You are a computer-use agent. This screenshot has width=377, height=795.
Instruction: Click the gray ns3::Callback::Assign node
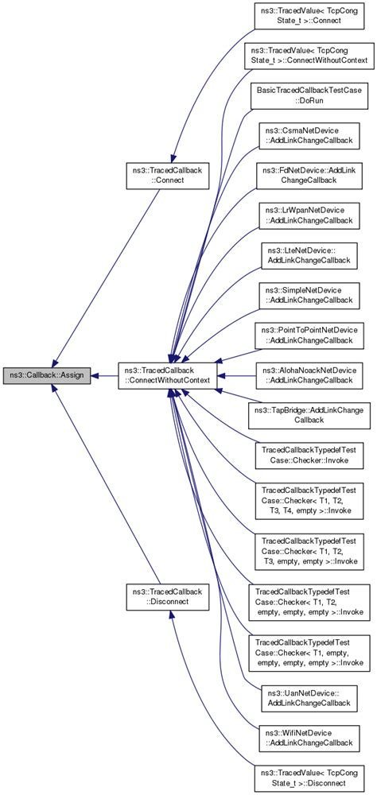click(x=48, y=374)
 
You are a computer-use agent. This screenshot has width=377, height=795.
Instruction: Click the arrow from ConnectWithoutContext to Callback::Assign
click(x=105, y=374)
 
